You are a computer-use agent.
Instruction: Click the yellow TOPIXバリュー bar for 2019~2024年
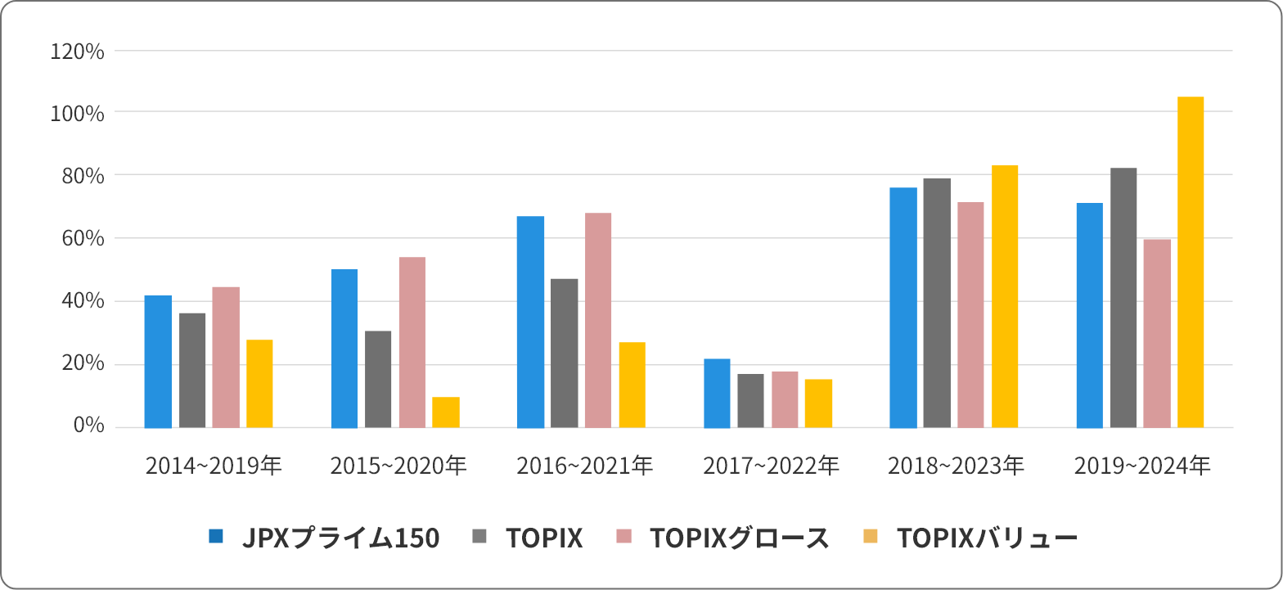(x=1191, y=262)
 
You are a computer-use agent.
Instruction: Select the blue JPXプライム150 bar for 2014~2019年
(x=158, y=362)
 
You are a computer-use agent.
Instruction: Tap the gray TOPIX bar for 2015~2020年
(x=378, y=379)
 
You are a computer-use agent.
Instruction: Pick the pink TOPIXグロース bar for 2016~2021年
(x=598, y=320)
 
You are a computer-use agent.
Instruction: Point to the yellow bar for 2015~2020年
(x=446, y=412)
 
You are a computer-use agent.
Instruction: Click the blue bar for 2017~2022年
(x=717, y=393)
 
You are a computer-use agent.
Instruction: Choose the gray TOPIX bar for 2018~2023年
(x=937, y=303)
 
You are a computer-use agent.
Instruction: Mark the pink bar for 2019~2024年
(x=1157, y=333)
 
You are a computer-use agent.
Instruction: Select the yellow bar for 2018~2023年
(x=1005, y=296)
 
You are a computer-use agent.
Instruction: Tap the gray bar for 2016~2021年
(x=565, y=354)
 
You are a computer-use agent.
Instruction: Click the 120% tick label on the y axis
(x=77, y=52)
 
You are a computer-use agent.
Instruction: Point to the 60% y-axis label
(x=83, y=238)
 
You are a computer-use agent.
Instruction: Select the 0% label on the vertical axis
(x=88, y=426)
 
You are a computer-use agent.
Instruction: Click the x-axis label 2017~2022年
(x=771, y=466)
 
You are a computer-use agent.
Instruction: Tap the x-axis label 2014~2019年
(x=214, y=466)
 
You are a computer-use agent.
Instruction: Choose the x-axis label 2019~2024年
(x=1142, y=466)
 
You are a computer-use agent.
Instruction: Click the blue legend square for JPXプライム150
(x=216, y=537)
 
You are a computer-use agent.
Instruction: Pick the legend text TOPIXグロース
(x=739, y=538)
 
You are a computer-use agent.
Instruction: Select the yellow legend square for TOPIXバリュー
(x=871, y=537)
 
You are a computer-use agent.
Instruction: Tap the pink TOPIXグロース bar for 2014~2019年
(x=226, y=357)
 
